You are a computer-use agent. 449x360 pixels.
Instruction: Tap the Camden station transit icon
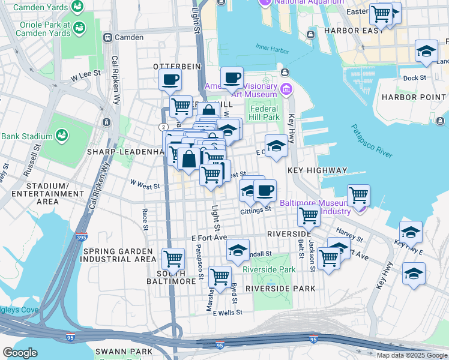108,37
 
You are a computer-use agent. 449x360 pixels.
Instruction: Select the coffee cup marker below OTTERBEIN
170,79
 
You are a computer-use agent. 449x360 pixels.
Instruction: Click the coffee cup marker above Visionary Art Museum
232,77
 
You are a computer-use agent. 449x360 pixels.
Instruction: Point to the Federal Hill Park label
264,113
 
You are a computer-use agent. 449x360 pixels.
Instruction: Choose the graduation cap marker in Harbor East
426,51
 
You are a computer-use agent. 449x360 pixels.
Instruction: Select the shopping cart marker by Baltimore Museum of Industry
358,194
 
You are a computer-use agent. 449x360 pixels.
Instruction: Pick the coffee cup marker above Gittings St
265,190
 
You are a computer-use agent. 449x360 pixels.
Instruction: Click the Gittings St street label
256,209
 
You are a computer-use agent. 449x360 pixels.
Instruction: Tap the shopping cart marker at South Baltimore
173,259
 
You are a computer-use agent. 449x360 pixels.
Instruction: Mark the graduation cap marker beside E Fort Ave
238,250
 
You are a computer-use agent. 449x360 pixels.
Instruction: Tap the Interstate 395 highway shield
82,238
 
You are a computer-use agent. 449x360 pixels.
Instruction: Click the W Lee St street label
84,77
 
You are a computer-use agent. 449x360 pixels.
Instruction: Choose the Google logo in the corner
20,353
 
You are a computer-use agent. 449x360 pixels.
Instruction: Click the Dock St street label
414,78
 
